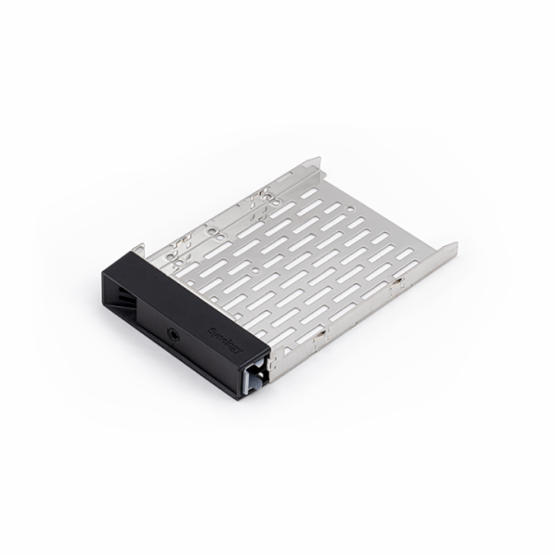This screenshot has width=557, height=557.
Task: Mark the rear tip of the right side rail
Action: [x=456, y=246]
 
